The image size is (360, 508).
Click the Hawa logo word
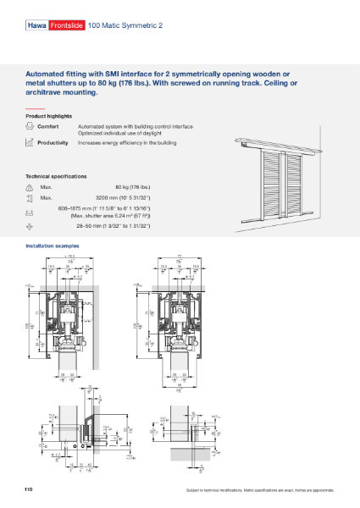[x=37, y=26]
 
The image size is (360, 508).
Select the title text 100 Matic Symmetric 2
[x=125, y=26]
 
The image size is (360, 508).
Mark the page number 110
[x=30, y=489]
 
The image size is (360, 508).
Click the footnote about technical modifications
[x=260, y=490]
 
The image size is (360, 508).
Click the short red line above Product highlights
[x=34, y=108]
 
